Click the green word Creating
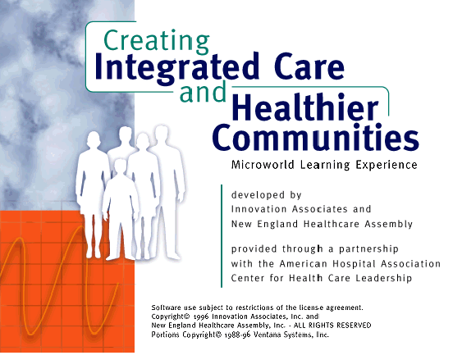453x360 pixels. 156,42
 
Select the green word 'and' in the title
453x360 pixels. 203,91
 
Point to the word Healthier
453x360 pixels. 305,107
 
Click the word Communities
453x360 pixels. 315,137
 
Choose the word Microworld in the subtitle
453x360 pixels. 263,165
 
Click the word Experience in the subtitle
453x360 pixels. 387,165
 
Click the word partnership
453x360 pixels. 368,248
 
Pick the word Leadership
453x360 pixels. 384,278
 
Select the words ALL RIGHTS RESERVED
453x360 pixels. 332,326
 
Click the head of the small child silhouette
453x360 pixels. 120,166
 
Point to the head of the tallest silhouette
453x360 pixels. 162,134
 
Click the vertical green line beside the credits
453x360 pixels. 222,236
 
